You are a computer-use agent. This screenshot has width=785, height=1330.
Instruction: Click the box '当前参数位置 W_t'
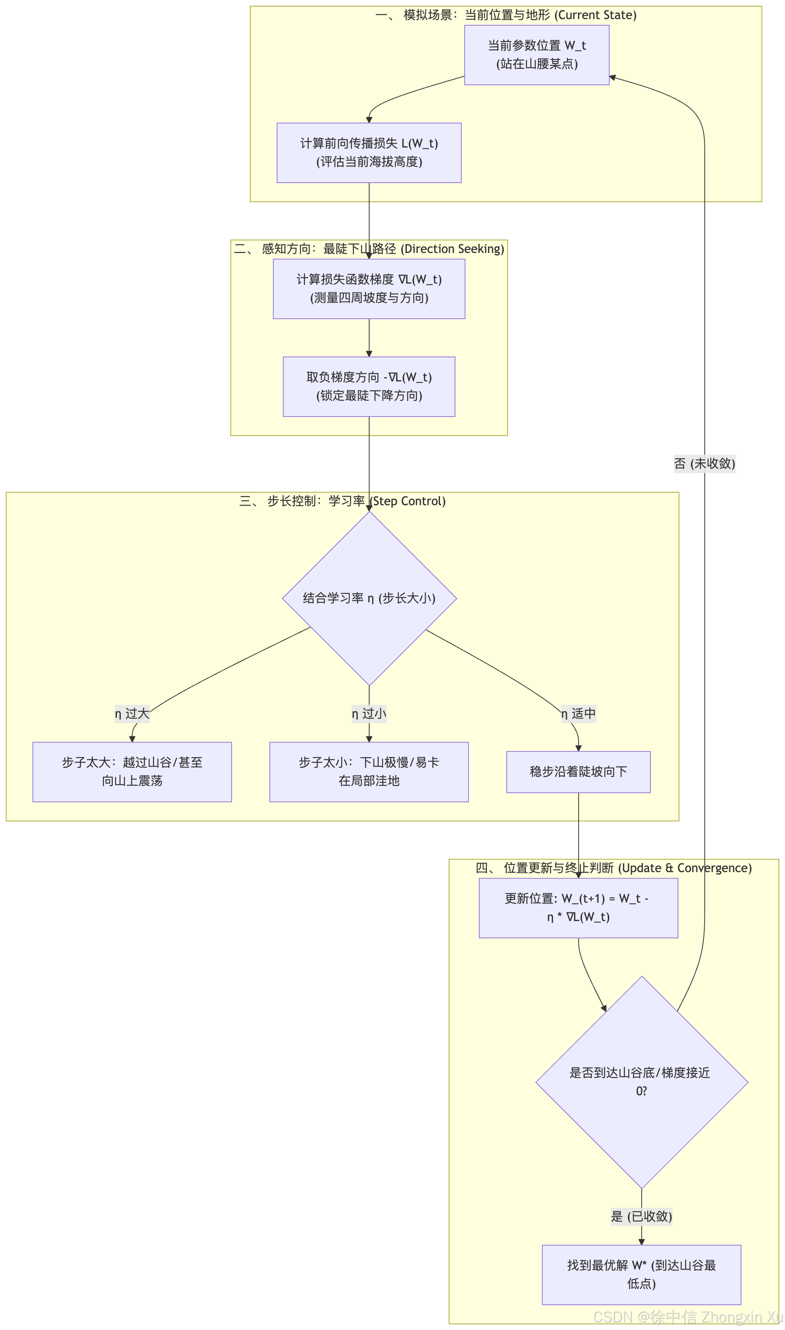[x=537, y=55]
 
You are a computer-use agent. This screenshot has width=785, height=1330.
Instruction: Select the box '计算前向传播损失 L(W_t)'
[x=369, y=153]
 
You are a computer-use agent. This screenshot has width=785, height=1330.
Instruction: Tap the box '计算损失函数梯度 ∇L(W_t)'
[x=369, y=289]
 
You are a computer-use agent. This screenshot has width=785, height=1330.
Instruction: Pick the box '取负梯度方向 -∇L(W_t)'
[x=369, y=386]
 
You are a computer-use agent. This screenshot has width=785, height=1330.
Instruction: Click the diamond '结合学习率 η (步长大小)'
[x=369, y=598]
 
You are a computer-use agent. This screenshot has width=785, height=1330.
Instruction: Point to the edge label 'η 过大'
[x=132, y=714]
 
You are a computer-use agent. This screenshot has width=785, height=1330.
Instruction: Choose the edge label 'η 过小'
[x=369, y=714]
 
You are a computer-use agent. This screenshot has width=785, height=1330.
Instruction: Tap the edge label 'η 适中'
[x=579, y=714]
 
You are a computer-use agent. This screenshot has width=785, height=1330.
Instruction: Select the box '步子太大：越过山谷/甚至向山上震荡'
[x=132, y=772]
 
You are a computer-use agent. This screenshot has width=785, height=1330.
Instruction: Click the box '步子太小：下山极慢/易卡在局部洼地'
[x=369, y=772]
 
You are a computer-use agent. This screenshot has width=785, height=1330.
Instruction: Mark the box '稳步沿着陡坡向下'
[x=579, y=772]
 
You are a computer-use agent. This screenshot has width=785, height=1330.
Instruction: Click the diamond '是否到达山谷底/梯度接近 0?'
[x=642, y=1082]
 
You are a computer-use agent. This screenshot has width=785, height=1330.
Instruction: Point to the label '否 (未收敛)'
[x=705, y=464]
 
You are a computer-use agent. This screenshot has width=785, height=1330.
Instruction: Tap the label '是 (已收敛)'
[x=642, y=1216]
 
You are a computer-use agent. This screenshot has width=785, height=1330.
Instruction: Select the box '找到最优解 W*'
[x=642, y=1275]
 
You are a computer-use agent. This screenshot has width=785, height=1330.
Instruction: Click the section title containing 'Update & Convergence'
[x=614, y=868]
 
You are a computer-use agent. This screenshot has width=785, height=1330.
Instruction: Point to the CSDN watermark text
[x=688, y=1317]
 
